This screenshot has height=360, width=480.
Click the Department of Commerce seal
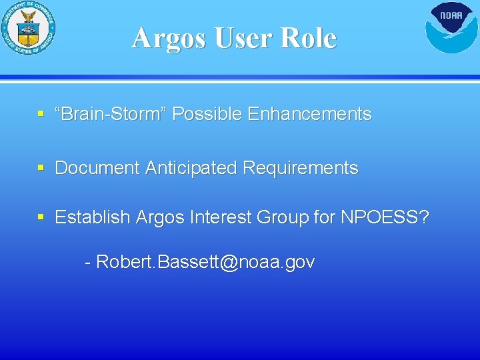pyautogui.click(x=28, y=29)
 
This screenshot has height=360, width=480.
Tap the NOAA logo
pyautogui.click(x=451, y=27)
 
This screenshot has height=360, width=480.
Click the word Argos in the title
pyautogui.click(x=169, y=38)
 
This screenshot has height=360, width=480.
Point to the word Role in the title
pyautogui.click(x=308, y=38)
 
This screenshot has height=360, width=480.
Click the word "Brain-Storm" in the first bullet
pyautogui.click(x=110, y=114)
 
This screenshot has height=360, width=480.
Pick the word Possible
pyautogui.click(x=207, y=114)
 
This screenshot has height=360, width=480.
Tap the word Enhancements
pyautogui.click(x=309, y=114)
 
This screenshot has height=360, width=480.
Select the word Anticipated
pyautogui.click(x=189, y=168)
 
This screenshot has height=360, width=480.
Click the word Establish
pyautogui.click(x=93, y=217)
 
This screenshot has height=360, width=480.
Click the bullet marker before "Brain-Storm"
pyautogui.click(x=41, y=115)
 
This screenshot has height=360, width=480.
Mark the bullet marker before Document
pyautogui.click(x=41, y=169)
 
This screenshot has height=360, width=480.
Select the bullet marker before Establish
pyautogui.click(x=41, y=218)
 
